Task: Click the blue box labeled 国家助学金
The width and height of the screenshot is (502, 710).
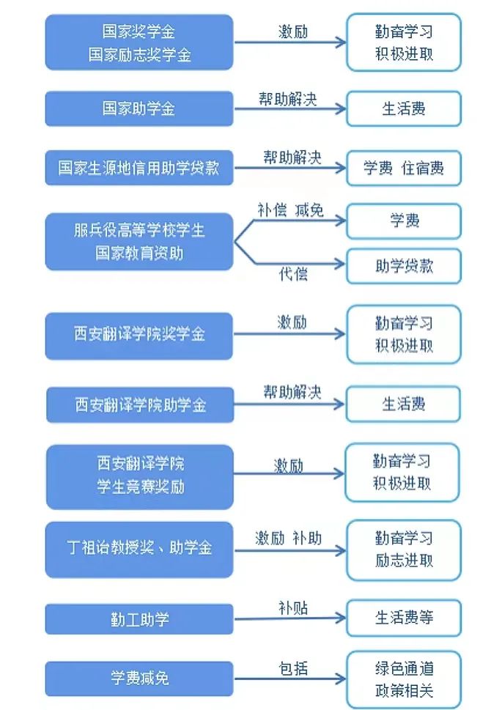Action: pos(139,108)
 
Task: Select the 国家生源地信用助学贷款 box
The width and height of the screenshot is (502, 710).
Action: pos(139,168)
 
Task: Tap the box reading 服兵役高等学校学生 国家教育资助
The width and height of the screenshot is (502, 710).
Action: pos(139,242)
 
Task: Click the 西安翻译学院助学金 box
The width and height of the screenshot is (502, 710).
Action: pos(140,404)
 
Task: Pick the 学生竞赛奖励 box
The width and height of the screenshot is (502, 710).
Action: pos(140,477)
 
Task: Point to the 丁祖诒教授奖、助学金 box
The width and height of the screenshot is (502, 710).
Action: pos(139,550)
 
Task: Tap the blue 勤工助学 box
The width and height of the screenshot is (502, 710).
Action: pos(139,619)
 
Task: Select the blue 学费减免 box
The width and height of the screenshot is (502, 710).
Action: pos(139,678)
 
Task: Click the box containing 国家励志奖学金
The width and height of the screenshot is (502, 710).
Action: pos(139,42)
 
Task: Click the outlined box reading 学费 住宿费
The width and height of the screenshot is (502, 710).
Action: pos(404,168)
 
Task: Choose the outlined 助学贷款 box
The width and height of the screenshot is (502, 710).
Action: pos(404,266)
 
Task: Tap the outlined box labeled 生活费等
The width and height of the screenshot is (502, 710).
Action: pos(404,618)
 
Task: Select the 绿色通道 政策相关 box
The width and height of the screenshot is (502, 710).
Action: pos(404,679)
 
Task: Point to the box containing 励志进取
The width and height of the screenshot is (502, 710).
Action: pos(404,550)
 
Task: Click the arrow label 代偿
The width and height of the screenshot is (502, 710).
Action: pos(293,274)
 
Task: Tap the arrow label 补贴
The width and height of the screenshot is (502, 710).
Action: pos(293,607)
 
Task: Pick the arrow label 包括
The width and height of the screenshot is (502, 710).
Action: pos(293,668)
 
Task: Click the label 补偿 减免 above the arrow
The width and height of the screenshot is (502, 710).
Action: pos(290,210)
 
